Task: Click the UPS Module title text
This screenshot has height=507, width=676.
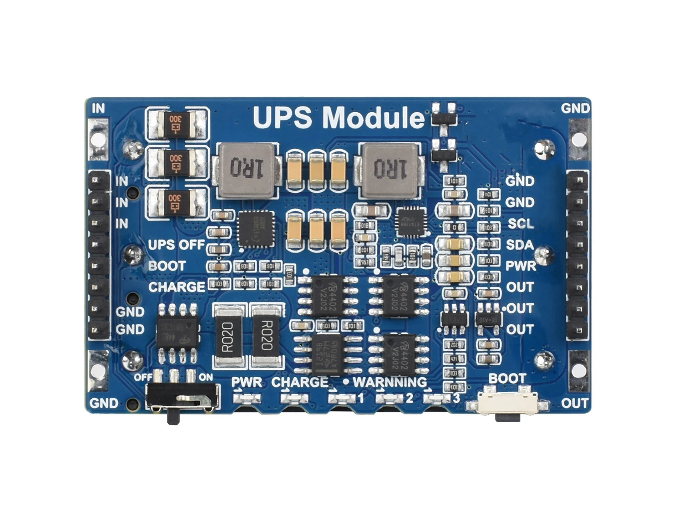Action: pyautogui.click(x=338, y=117)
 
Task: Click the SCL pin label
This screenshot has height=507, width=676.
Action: pyautogui.click(x=521, y=224)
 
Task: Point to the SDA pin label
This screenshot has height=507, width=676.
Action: pyautogui.click(x=520, y=245)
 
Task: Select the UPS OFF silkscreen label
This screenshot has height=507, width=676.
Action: pyautogui.click(x=176, y=245)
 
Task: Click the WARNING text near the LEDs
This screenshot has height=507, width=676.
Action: pyautogui.click(x=390, y=382)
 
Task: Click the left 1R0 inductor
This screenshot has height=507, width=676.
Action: pyautogui.click(x=246, y=170)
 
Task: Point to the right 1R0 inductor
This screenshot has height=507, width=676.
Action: pyautogui.click(x=390, y=170)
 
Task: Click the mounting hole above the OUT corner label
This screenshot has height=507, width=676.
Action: pyautogui.click(x=578, y=371)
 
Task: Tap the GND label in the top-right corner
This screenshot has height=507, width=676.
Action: pyautogui.click(x=575, y=109)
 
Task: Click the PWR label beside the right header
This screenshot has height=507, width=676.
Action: pyautogui.click(x=521, y=266)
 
